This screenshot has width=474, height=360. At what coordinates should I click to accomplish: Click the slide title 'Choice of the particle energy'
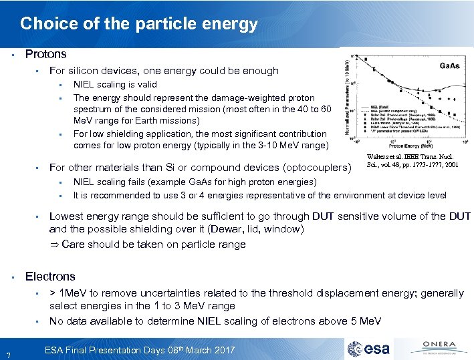point(138,25)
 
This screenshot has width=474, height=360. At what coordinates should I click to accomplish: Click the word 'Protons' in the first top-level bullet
point(45,53)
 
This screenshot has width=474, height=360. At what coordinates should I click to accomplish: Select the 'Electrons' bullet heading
point(50,276)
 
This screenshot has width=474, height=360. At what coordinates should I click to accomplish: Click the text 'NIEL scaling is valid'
point(115,84)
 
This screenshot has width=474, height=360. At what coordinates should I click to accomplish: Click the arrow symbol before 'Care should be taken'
point(54,244)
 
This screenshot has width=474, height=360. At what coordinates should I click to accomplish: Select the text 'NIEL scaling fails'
point(109,182)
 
